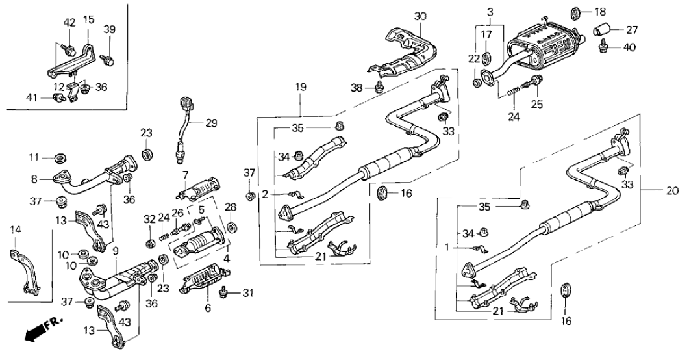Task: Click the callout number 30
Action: (x=421, y=15)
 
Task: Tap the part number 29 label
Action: (x=212, y=123)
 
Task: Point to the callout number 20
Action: (x=673, y=192)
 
